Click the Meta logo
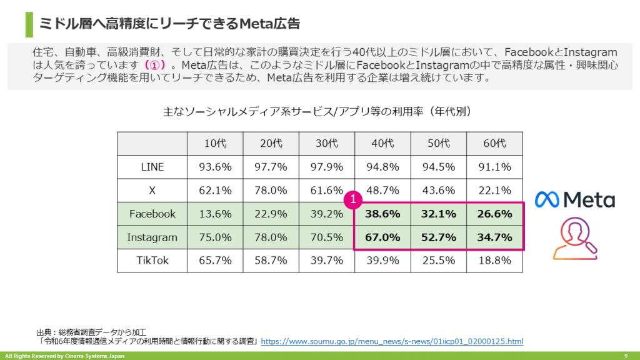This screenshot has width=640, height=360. [x=574, y=199]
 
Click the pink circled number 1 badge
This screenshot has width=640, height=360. [x=353, y=199]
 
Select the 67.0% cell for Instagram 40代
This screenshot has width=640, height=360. [x=382, y=237]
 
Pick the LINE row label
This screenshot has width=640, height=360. [x=152, y=167]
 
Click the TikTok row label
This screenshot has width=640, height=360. [x=152, y=261]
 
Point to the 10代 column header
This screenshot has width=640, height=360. [x=215, y=143]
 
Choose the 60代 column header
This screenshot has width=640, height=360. [x=494, y=143]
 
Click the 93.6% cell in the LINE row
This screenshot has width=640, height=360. [x=215, y=167]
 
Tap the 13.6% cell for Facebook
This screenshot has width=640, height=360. [x=215, y=214]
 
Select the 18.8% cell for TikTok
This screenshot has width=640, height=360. [x=494, y=261]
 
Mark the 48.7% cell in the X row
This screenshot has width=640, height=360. [x=382, y=190]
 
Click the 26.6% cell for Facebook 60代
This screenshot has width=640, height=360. [x=494, y=214]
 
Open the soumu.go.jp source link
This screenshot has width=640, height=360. [x=392, y=341]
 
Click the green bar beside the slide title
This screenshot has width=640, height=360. [x=29, y=24]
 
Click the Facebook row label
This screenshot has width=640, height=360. [x=152, y=214]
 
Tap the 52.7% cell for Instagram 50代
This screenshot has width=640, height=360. [x=438, y=237]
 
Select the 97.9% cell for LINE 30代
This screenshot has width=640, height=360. [x=327, y=167]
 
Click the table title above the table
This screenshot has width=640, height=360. [x=319, y=112]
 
